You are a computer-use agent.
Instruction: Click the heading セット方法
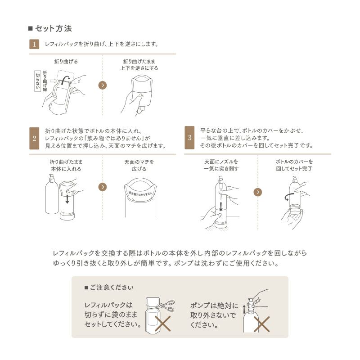click(53, 28)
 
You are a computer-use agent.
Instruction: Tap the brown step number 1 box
click(34, 44)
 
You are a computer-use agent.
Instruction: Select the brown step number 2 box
click(34, 138)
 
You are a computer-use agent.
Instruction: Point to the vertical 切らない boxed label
click(38, 81)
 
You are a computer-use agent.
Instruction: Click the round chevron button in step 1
click(103, 85)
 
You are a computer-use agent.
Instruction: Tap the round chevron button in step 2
click(103, 187)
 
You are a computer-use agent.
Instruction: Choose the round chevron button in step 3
click(258, 192)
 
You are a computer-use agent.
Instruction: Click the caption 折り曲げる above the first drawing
click(66, 61)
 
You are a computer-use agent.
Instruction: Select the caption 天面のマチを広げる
click(139, 165)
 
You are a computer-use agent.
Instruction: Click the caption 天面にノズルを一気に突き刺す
click(221, 165)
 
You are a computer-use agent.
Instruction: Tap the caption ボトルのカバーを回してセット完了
click(294, 165)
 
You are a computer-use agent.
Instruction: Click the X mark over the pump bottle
click(261, 324)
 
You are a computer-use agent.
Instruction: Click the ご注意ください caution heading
click(108, 287)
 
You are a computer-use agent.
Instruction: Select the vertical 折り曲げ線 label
click(45, 81)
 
